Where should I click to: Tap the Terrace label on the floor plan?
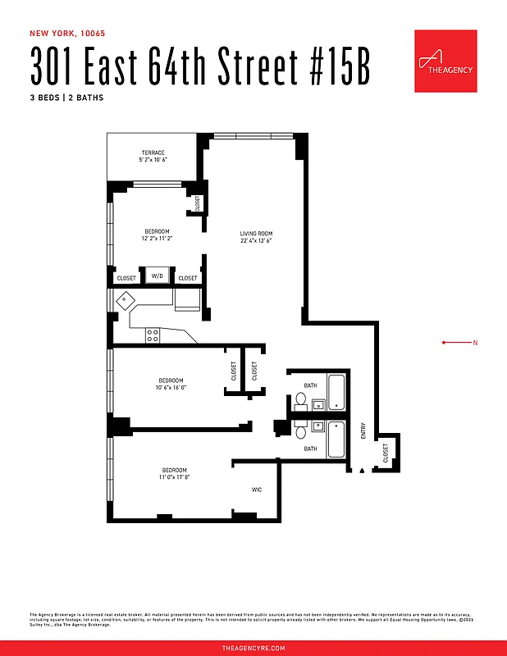(153, 153)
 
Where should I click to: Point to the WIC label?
(257, 490)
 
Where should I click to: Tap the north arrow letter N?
(475, 342)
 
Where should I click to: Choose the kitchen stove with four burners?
(153, 335)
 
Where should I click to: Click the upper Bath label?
(310, 385)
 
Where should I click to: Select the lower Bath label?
(310, 449)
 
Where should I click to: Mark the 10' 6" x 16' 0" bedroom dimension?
(171, 388)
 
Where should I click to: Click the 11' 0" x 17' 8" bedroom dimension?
(174, 477)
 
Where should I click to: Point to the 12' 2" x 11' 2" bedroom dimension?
(158, 239)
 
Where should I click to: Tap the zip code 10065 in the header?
(92, 34)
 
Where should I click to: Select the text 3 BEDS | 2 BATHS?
(66, 98)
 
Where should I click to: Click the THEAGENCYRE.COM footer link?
(253, 648)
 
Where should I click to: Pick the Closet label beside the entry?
(385, 453)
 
